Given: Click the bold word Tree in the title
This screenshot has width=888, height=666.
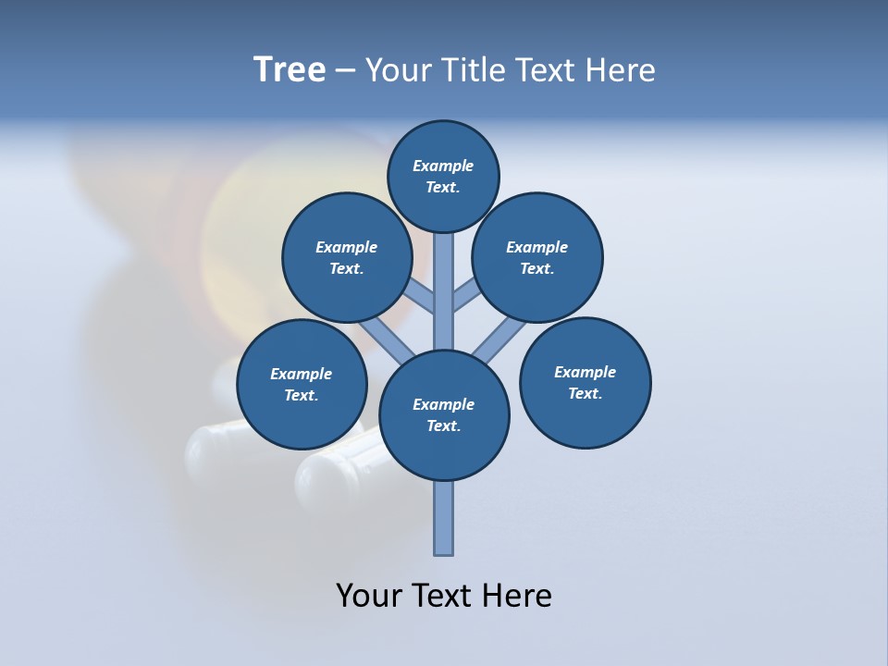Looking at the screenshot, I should (x=290, y=70).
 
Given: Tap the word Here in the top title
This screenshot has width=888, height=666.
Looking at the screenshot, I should (x=620, y=70).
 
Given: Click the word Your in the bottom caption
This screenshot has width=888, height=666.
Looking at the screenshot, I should (x=368, y=596).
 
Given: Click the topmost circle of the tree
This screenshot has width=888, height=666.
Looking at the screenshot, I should (x=443, y=176).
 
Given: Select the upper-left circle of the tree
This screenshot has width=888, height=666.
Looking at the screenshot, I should (x=346, y=257).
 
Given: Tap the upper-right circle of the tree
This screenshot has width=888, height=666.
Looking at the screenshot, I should (x=536, y=257).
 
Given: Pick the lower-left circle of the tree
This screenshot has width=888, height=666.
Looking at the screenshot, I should (x=302, y=384).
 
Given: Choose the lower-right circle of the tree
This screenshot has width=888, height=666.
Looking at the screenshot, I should (x=585, y=382).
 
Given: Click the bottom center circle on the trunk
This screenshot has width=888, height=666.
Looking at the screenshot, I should (x=444, y=414).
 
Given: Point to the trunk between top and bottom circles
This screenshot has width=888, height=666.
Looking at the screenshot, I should (x=444, y=291).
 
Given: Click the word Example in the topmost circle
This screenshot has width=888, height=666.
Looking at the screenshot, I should (x=443, y=166).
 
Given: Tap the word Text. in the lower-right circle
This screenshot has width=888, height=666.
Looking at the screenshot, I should (x=585, y=393).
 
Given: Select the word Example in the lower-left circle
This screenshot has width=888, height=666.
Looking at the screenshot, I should (x=302, y=374).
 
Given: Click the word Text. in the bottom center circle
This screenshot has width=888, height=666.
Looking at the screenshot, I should (x=443, y=425).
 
